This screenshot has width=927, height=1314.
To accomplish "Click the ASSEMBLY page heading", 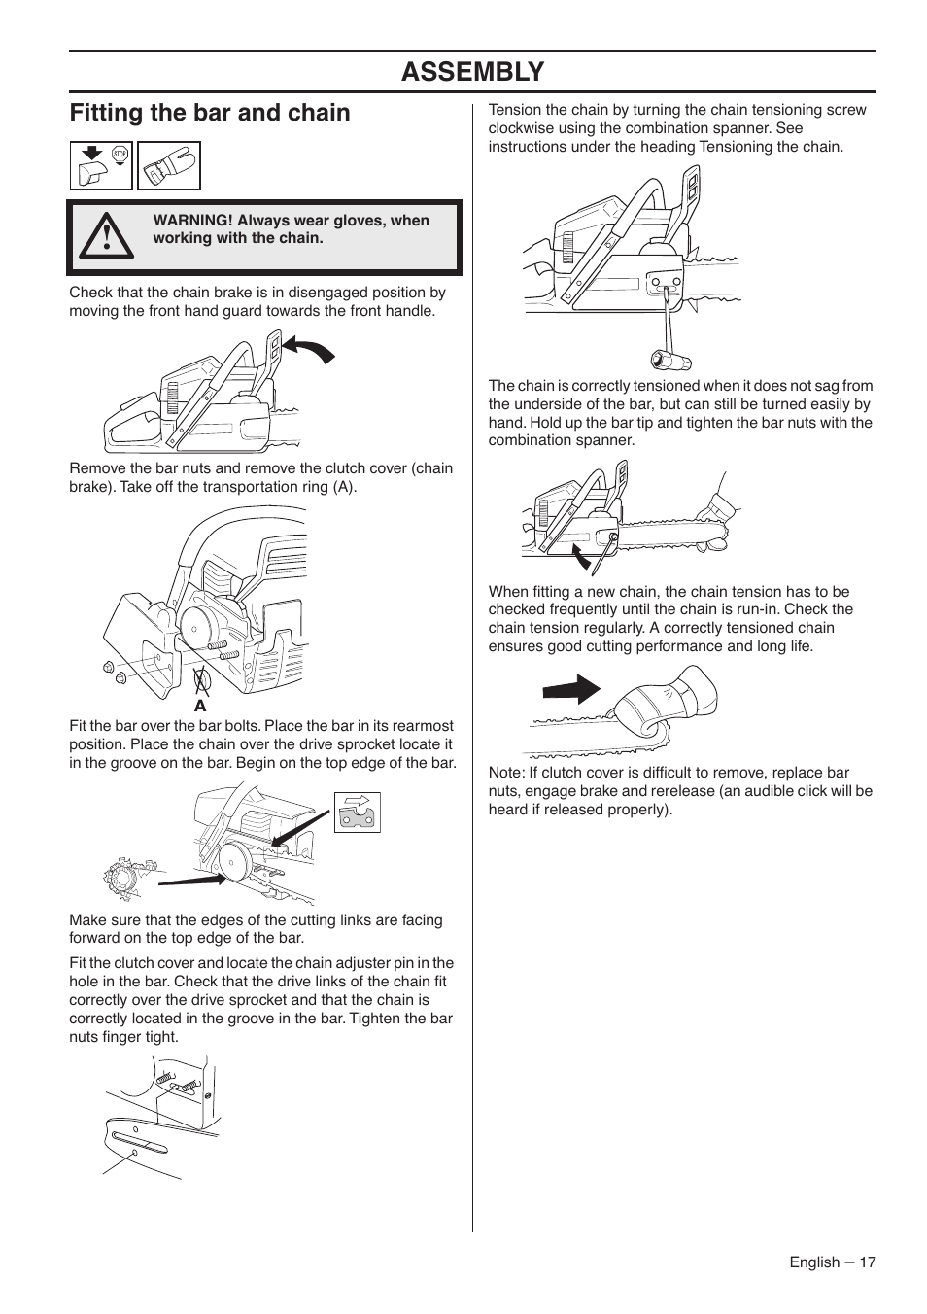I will pos(472,71).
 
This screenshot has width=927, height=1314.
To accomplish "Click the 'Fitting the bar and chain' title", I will pos(210,113).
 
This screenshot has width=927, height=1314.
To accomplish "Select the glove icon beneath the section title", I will pos(169,166).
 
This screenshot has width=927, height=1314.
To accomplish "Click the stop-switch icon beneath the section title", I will pos(101,166).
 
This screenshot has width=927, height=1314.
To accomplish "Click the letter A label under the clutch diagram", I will pos(200,706).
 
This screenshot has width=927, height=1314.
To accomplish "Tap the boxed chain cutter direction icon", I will pos(357,813).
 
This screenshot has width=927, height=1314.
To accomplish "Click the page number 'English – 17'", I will pos(832,1262).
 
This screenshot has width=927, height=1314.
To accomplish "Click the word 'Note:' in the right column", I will pos(506,773).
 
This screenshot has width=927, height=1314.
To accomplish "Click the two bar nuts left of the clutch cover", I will pos(115,673).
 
